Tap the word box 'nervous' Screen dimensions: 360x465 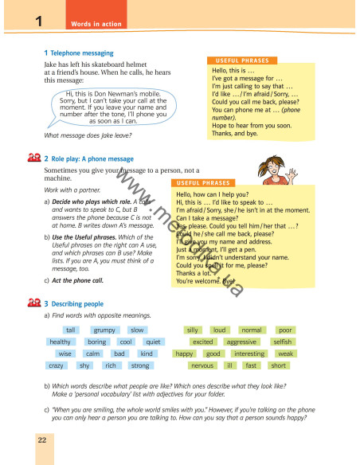[x=202, y=365]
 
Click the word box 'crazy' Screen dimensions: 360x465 [x=57, y=365]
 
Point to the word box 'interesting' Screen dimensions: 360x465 [x=249, y=354]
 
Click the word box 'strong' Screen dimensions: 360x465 [x=139, y=365]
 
